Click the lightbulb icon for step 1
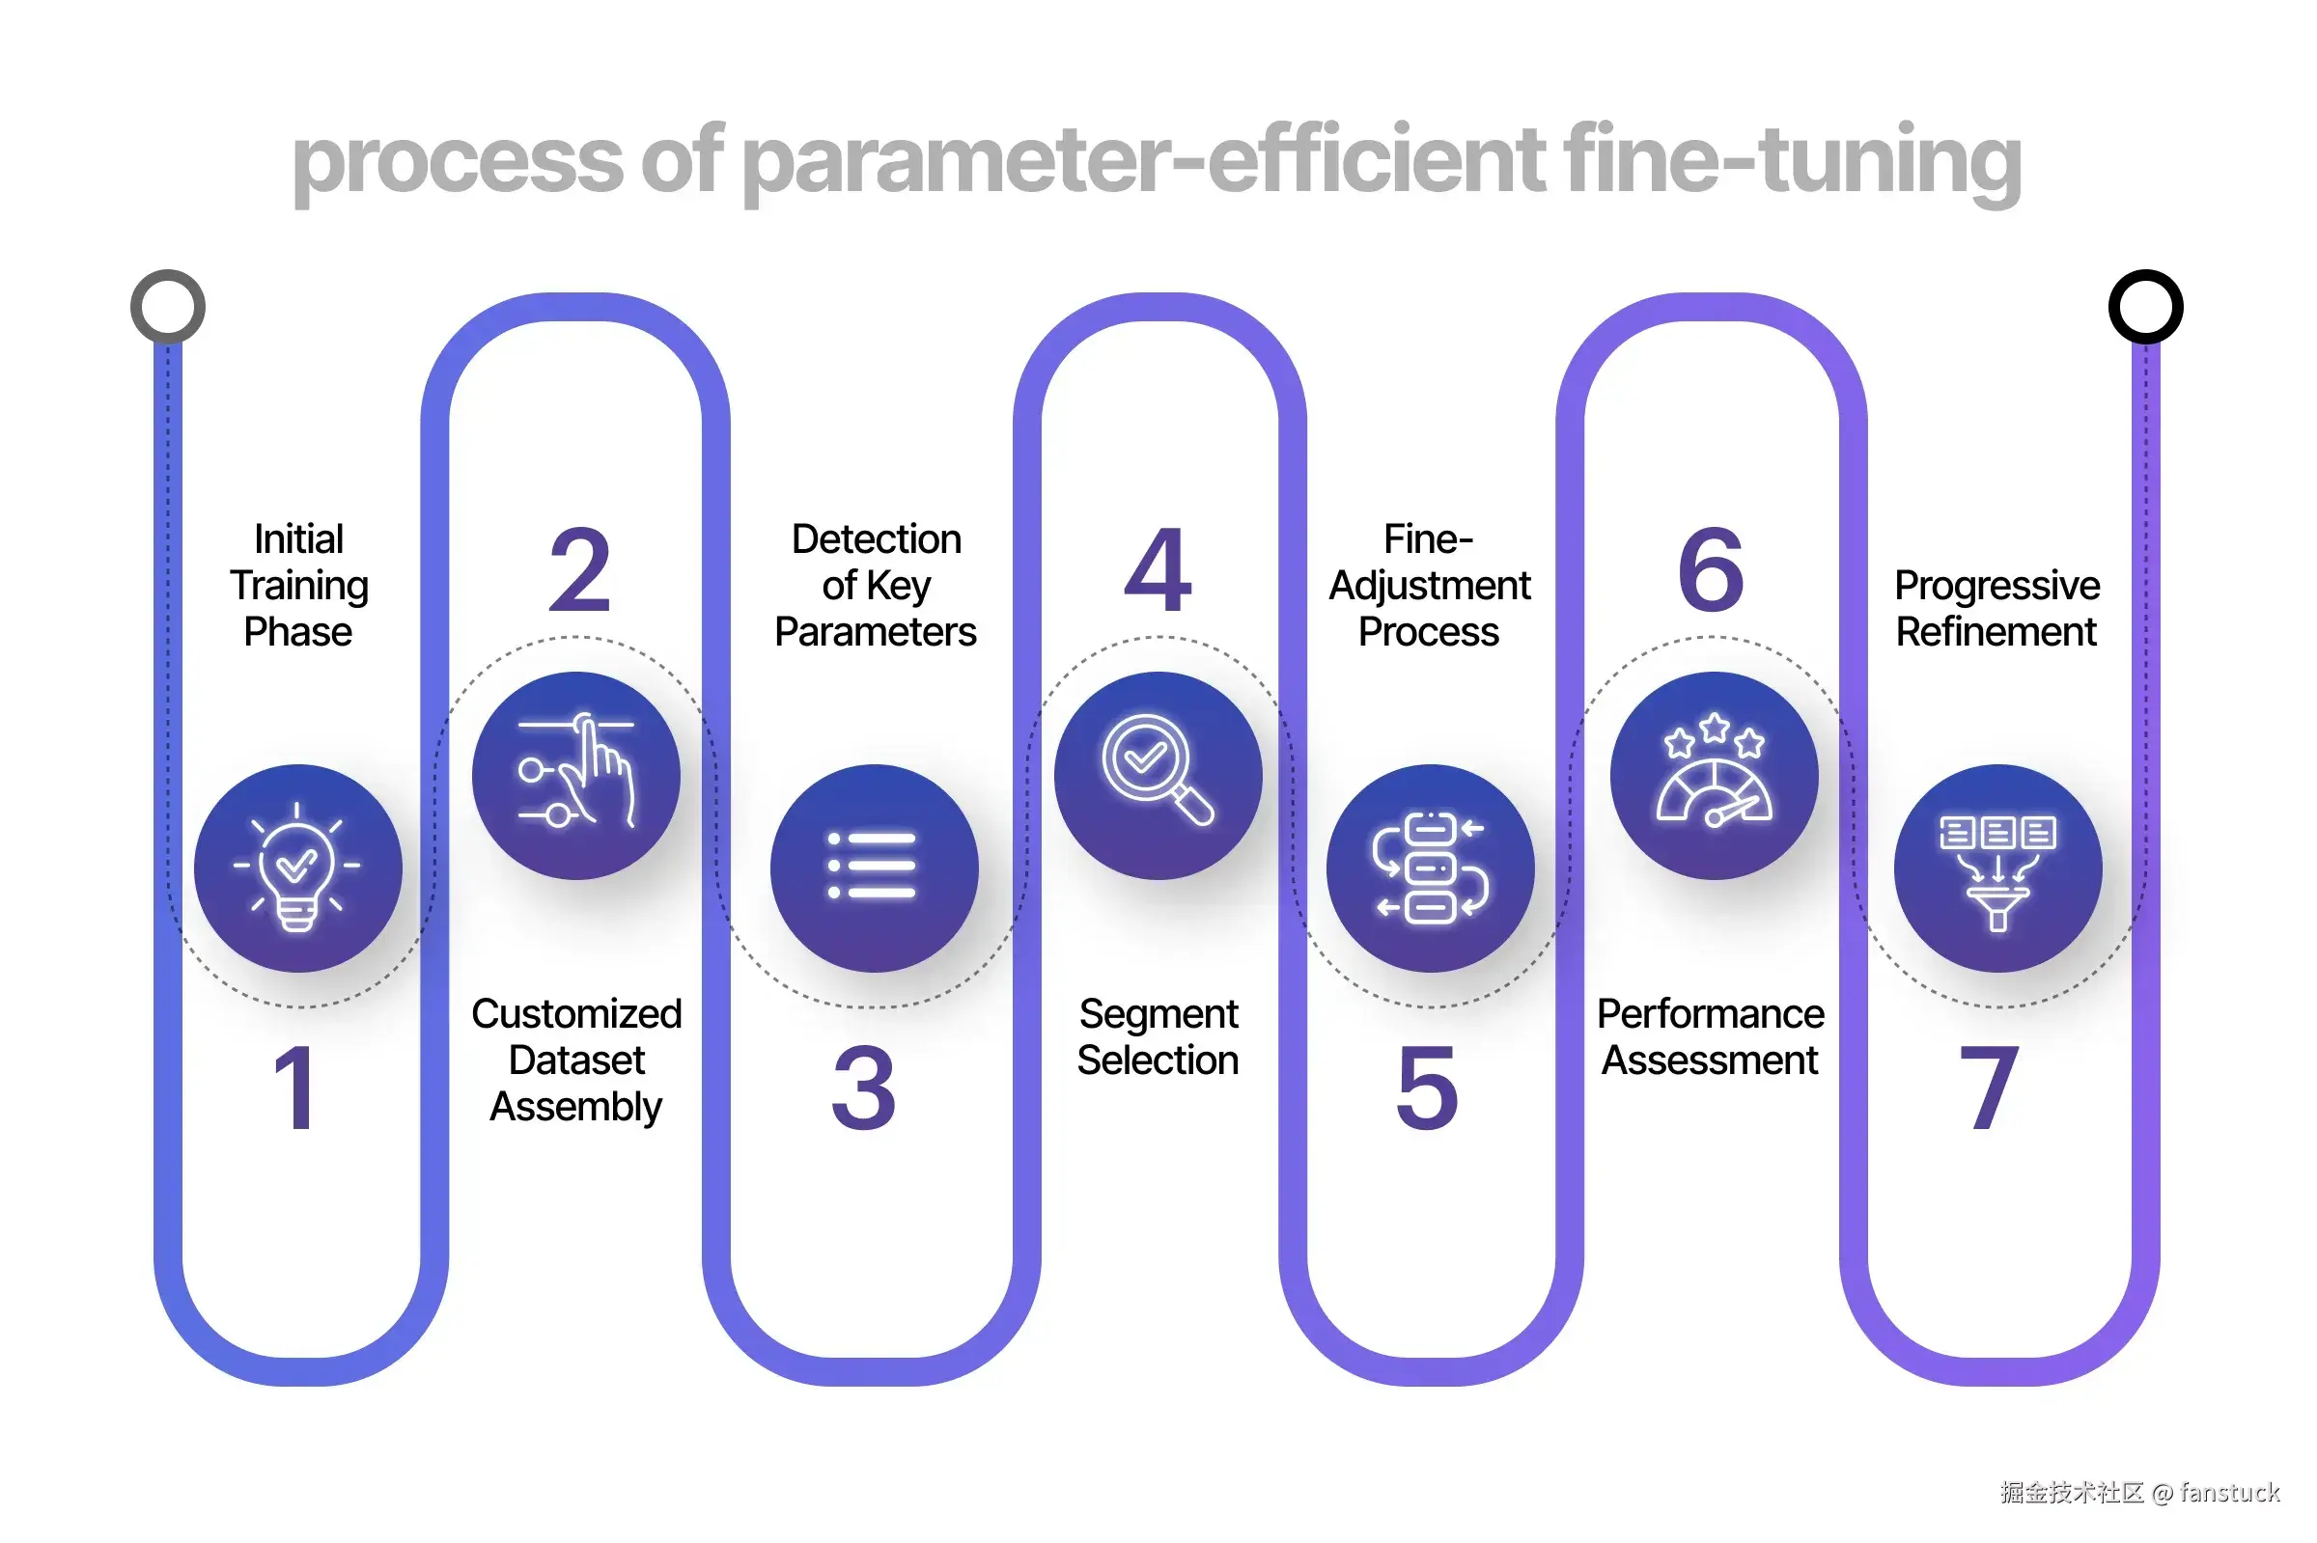[x=297, y=867]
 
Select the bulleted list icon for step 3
[x=872, y=865]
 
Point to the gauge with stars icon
[x=1714, y=769]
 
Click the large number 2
[x=581, y=569]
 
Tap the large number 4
[x=1158, y=569]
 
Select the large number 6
[x=1711, y=569]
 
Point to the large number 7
[x=1988, y=1088]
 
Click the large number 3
[x=863, y=1088]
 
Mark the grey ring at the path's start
[x=167, y=306]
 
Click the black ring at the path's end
[x=2146, y=306]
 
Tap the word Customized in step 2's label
[x=576, y=1013]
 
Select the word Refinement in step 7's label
[x=1996, y=632]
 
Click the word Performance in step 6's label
[x=1711, y=1013]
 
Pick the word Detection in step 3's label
[x=876, y=539]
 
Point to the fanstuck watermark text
[x=2229, y=1493]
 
